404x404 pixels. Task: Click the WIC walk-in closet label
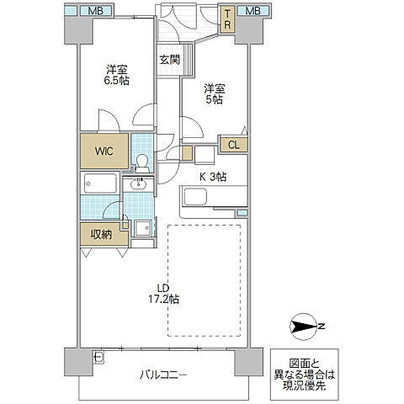pyautogui.click(x=104, y=151)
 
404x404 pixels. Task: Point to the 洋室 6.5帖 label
pyautogui.click(x=117, y=76)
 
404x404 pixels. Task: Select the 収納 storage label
pyautogui.click(x=102, y=234)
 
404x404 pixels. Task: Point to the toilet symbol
pyautogui.click(x=141, y=161)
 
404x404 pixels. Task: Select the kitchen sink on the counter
pyautogui.click(x=195, y=198)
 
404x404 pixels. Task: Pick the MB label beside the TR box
pyautogui.click(x=252, y=11)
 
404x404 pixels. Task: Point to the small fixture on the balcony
pyautogui.click(x=98, y=357)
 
